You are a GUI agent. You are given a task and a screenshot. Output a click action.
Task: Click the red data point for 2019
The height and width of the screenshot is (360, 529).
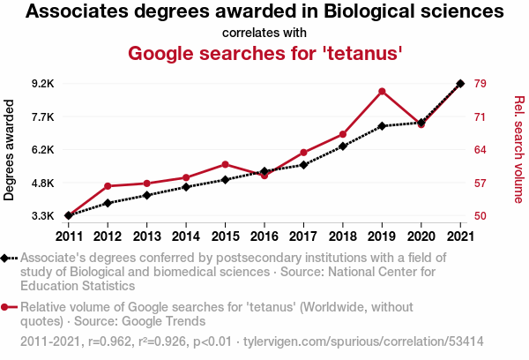point(382,92)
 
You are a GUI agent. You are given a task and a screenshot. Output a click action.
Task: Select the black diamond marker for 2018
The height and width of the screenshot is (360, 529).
point(343,146)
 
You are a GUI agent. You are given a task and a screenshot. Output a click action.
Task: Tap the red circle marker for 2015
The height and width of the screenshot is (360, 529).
point(226,164)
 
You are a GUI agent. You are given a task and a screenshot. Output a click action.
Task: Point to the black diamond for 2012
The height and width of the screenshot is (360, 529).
point(108,203)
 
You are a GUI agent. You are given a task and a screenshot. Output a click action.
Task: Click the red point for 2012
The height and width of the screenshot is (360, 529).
point(108,186)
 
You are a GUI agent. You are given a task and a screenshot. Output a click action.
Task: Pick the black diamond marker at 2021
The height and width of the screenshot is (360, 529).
point(460,84)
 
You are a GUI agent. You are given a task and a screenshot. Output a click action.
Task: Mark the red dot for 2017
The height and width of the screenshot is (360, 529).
point(303,153)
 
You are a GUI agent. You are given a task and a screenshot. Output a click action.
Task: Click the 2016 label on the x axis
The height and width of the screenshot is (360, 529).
point(264,236)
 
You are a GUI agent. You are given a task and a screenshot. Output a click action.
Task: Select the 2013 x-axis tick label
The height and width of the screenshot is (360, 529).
point(146,236)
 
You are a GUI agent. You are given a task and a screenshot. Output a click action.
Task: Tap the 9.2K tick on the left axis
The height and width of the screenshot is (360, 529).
point(43,84)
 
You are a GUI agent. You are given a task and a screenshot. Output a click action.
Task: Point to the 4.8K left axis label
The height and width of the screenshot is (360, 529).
point(43,183)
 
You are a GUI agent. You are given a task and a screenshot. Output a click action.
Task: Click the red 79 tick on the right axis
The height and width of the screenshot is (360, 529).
point(481,84)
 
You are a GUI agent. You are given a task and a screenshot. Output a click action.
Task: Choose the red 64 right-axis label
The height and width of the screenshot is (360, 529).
point(481,150)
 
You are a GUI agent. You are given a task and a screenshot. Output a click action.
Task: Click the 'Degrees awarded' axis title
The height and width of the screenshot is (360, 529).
point(9,150)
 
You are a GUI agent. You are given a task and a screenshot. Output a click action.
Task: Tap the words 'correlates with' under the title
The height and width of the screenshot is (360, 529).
point(264,33)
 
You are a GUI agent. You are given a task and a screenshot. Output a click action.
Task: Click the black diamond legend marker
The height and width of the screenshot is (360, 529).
point(4,259)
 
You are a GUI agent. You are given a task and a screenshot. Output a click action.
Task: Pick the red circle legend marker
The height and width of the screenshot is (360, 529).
point(4,307)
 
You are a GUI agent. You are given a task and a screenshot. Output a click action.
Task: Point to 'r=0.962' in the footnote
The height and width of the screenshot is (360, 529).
point(109,341)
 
